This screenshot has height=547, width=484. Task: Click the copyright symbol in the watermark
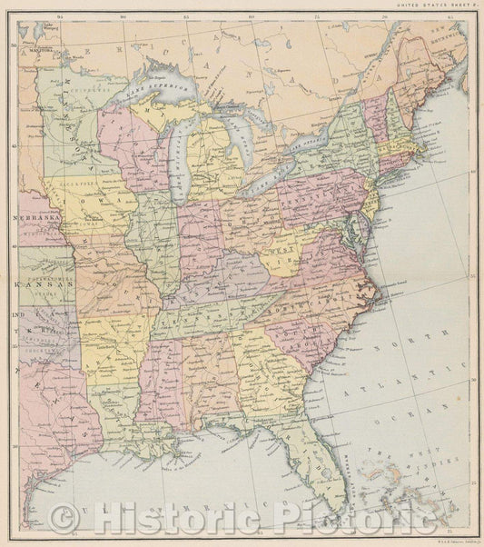(x=62, y=520)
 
